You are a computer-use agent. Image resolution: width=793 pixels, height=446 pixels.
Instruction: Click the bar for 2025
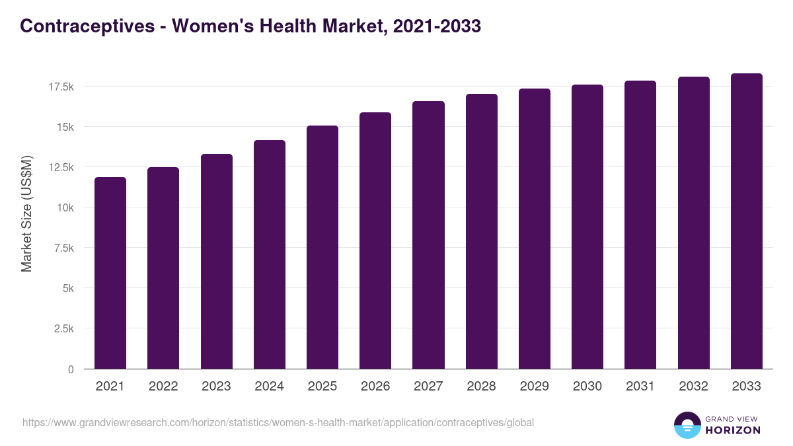[322, 247]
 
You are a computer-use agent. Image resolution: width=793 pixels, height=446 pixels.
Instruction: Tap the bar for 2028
[482, 231]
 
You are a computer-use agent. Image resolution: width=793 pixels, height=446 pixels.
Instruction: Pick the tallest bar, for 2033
[747, 221]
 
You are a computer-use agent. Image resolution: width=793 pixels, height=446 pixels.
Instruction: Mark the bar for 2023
[217, 262]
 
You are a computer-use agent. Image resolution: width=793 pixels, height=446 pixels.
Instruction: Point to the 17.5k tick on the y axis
[60, 87]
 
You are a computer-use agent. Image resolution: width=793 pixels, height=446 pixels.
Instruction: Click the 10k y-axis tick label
[64, 207]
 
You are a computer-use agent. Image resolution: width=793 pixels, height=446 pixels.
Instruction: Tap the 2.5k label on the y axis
[63, 328]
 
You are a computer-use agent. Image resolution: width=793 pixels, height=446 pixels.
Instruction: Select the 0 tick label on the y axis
[70, 369]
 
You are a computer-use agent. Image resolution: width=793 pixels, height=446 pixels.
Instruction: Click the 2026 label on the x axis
[375, 387]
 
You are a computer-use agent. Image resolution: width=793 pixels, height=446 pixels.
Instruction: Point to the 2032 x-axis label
[693, 387]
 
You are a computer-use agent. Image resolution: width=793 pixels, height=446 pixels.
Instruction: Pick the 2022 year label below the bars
[163, 387]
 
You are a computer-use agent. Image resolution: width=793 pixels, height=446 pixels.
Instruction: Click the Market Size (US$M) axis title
[26, 213]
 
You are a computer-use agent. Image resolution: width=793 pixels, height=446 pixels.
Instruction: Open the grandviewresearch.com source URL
[278, 422]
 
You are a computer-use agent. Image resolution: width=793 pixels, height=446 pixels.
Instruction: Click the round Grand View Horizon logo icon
[687, 425]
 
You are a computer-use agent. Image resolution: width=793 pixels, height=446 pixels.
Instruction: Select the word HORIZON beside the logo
[733, 430]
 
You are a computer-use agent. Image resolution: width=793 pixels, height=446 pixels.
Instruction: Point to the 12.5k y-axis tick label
[60, 167]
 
